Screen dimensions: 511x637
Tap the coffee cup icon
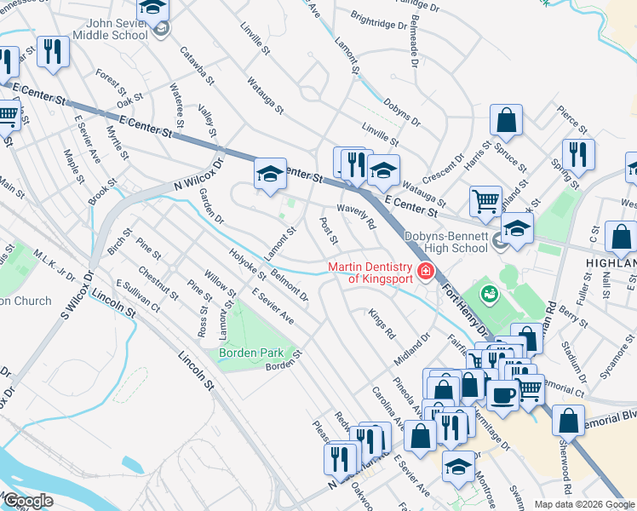click(502, 395)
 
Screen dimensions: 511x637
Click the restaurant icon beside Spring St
click(578, 155)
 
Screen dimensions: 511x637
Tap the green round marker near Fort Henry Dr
click(491, 295)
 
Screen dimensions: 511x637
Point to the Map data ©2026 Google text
click(583, 504)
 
